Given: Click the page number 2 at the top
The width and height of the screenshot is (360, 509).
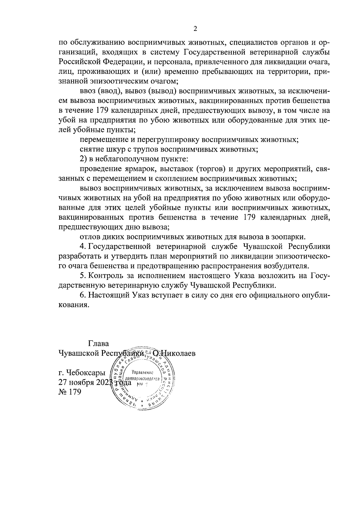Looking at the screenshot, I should pos(195,29).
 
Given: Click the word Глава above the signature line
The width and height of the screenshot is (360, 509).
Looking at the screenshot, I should pos(99,343).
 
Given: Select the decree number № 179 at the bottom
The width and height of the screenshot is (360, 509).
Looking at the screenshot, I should pos(70,392).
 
